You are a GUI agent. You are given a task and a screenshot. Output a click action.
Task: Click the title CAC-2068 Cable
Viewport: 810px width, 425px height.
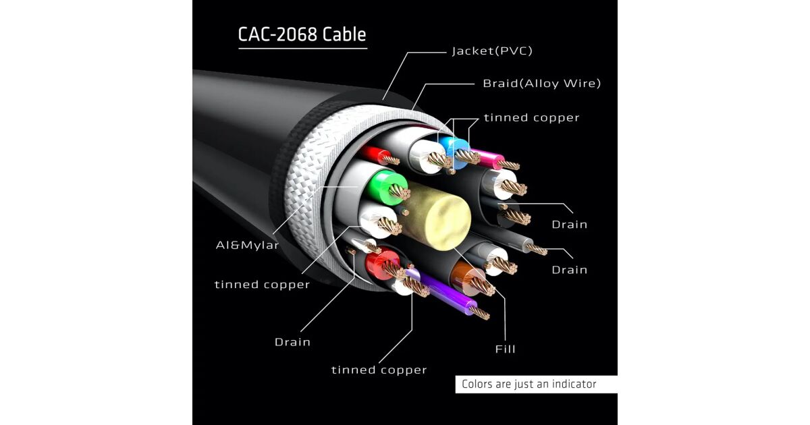(302, 34)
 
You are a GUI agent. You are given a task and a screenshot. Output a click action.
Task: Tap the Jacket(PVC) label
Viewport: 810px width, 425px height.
(487, 51)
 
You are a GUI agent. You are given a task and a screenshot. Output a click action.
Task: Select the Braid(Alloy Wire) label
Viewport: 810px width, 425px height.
(541, 84)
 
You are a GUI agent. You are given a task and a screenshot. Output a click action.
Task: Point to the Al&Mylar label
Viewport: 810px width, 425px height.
(247, 246)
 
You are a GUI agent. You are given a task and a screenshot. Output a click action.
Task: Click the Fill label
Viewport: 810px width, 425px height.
(505, 349)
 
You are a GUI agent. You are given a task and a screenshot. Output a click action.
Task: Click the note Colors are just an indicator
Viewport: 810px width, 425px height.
(529, 385)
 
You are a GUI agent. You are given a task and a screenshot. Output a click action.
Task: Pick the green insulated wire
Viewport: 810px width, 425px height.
(385, 183)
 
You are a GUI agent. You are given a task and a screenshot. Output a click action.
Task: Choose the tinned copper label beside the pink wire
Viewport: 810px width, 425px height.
(531, 118)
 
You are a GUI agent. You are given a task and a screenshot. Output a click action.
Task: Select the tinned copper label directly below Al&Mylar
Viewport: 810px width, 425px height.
(262, 285)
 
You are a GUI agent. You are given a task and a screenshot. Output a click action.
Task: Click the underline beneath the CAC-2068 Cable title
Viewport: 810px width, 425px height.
(302, 48)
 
